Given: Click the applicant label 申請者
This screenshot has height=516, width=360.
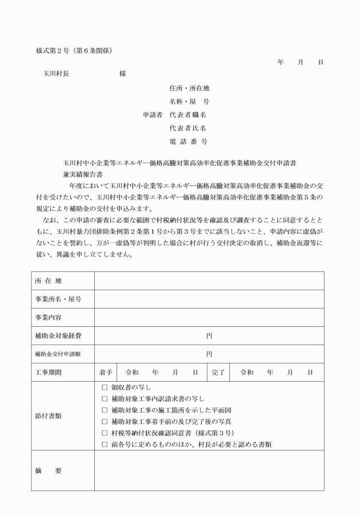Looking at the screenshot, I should point(153,114).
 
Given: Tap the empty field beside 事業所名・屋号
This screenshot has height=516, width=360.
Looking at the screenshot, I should point(209,299).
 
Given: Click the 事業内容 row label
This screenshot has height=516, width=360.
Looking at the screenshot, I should point(49,317).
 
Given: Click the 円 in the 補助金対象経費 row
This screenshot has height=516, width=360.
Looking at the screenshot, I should point(209,335).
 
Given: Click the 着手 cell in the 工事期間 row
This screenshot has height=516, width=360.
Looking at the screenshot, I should point(106,372).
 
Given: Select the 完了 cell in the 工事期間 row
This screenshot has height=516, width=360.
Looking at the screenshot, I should point(218,372).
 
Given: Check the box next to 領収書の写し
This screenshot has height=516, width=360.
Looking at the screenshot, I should point(105,387).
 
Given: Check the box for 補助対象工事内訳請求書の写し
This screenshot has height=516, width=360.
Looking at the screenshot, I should point(105,399).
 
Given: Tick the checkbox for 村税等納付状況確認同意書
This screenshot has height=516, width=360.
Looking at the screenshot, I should point(105,433).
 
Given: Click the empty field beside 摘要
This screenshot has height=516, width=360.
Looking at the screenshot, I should point(209,470).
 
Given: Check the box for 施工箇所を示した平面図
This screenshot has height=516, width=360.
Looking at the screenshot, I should point(105,410).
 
